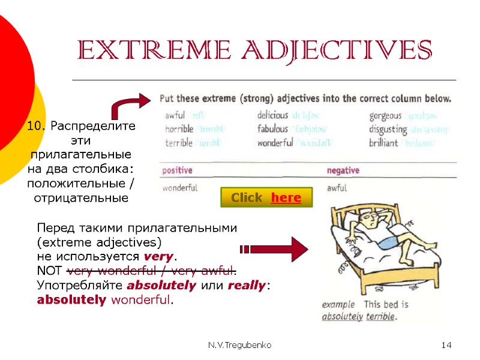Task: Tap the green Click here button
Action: [266, 197]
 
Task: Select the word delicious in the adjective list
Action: [272, 115]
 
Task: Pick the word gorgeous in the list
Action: [385, 115]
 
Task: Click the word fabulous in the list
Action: [272, 129]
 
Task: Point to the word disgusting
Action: [388, 129]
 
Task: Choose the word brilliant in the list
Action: [383, 143]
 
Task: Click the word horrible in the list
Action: [179, 129]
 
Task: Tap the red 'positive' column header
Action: [178, 171]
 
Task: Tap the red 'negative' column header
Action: [343, 171]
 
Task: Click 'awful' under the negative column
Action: [337, 188]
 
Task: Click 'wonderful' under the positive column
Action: [180, 188]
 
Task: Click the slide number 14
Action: [446, 345]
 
